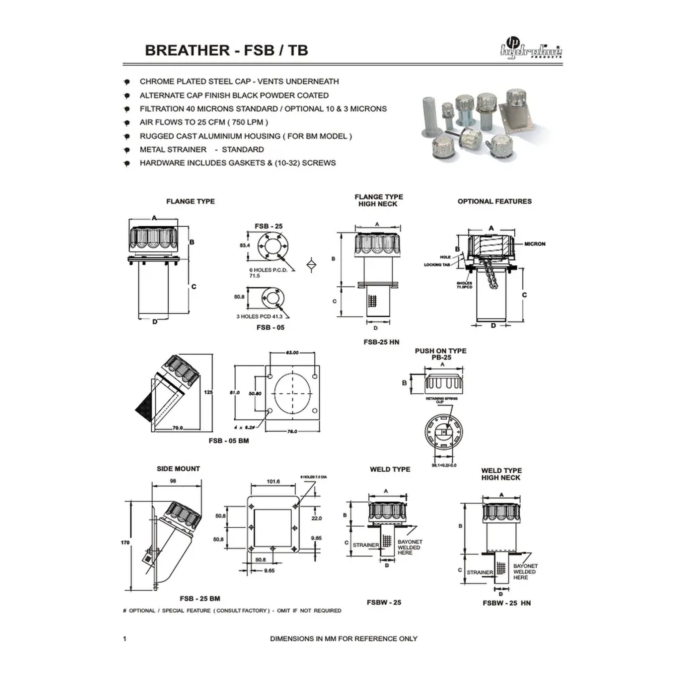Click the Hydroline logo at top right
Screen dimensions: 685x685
(x=531, y=50)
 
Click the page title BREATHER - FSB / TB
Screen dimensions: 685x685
(x=226, y=50)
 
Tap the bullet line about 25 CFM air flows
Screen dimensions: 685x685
(x=204, y=122)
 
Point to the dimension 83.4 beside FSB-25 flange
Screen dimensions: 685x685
(x=244, y=245)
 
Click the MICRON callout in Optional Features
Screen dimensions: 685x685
(x=535, y=244)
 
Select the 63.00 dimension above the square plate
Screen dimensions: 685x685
(x=292, y=353)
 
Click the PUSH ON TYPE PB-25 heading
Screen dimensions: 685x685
(x=441, y=354)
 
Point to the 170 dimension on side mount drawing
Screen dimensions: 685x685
(x=125, y=542)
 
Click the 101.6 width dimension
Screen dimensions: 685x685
(x=273, y=481)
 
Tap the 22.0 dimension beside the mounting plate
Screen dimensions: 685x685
(x=317, y=518)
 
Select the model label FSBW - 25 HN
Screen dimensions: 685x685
(x=506, y=603)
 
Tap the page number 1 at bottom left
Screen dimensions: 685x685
(x=124, y=638)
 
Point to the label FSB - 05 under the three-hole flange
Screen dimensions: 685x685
(x=270, y=327)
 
